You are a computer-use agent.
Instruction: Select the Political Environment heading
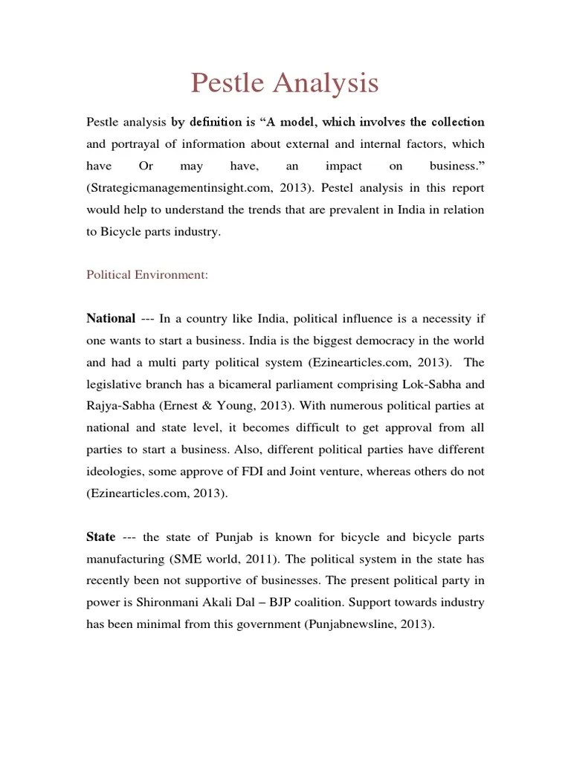tap(147, 274)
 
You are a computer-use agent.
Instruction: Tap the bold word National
tap(111, 319)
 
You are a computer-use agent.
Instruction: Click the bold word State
tap(101, 537)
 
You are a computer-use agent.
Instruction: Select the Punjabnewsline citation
tap(353, 624)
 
